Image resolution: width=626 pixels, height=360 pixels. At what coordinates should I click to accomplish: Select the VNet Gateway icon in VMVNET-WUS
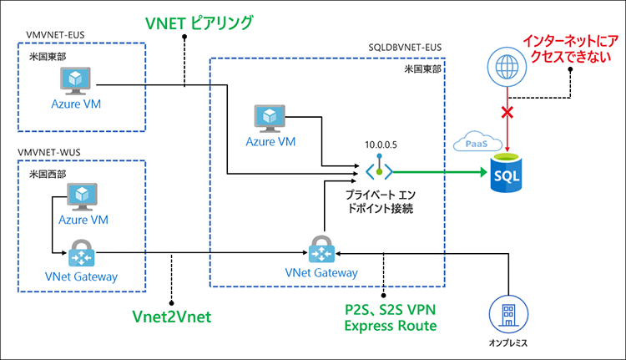coord(82,252)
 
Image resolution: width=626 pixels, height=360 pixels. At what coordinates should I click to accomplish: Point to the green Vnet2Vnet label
coord(172,317)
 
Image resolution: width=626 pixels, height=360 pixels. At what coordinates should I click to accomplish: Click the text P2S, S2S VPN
coord(390,309)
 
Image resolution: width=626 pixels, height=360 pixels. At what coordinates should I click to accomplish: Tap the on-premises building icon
coord(507,316)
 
